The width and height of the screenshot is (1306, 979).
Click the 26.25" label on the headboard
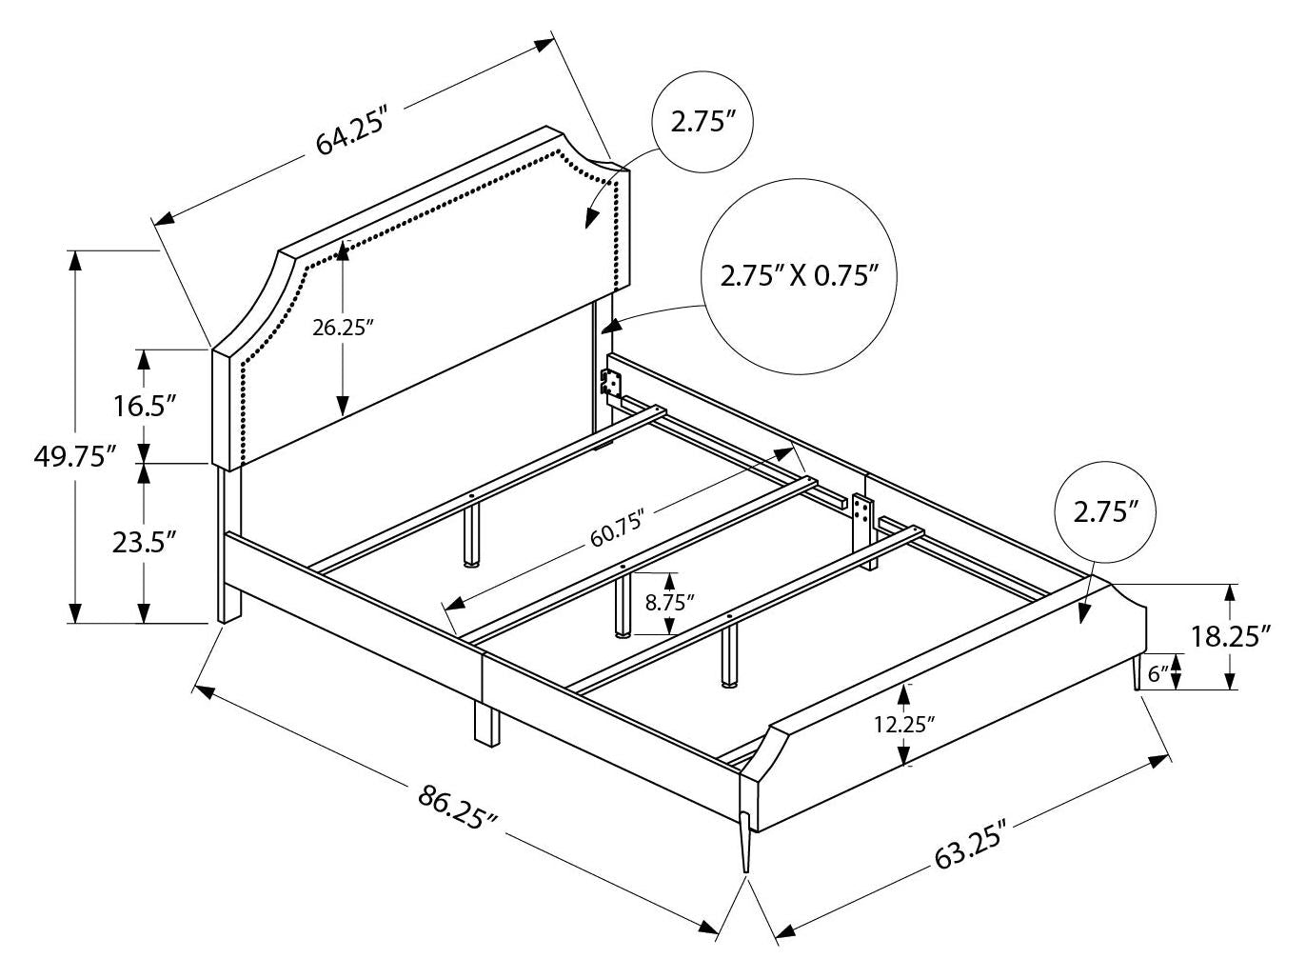343,327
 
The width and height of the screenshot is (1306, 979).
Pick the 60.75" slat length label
618,529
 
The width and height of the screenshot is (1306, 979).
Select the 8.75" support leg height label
669,602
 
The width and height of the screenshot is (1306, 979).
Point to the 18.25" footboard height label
1232,635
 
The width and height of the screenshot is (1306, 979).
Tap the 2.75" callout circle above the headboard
704,122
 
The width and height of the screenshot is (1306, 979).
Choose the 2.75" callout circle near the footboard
1105,512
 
